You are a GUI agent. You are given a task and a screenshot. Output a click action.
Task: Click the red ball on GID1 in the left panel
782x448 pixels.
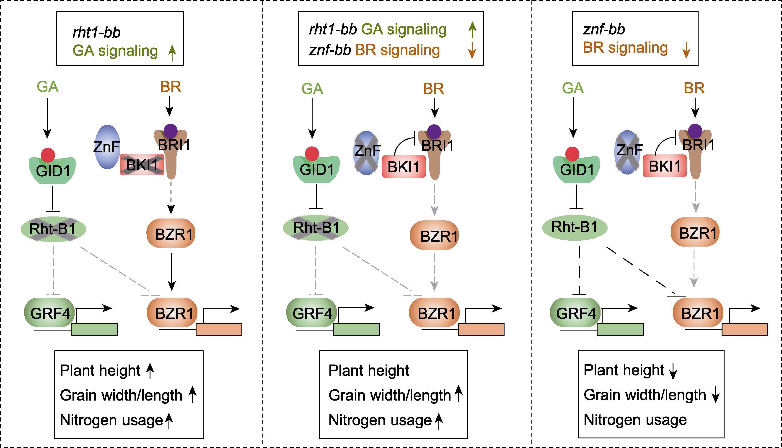click(x=48, y=155)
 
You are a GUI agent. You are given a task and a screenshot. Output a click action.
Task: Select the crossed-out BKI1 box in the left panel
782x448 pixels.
click(x=142, y=165)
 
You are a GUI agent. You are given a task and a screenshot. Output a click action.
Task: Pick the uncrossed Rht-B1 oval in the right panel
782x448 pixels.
click(x=575, y=227)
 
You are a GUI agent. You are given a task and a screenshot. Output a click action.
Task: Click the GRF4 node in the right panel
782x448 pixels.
click(x=575, y=313)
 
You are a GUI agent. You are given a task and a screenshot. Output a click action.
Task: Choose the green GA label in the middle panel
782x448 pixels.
click(x=312, y=89)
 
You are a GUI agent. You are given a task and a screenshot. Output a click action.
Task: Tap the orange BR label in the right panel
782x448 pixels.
click(x=694, y=88)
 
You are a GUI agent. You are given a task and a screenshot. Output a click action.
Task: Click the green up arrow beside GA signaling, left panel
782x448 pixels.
click(x=172, y=53)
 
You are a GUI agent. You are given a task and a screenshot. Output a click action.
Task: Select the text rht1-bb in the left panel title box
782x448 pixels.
click(x=96, y=32)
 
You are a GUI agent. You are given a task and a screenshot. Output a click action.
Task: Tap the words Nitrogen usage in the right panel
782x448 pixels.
click(x=635, y=420)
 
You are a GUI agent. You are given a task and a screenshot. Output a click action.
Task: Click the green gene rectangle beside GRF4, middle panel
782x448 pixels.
click(x=356, y=330)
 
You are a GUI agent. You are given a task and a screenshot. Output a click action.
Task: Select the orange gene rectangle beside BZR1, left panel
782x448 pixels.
click(x=219, y=330)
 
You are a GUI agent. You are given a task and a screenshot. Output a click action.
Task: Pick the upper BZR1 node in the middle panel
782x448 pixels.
click(x=435, y=235)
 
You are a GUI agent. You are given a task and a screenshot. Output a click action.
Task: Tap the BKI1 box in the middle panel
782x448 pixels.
click(x=404, y=167)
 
